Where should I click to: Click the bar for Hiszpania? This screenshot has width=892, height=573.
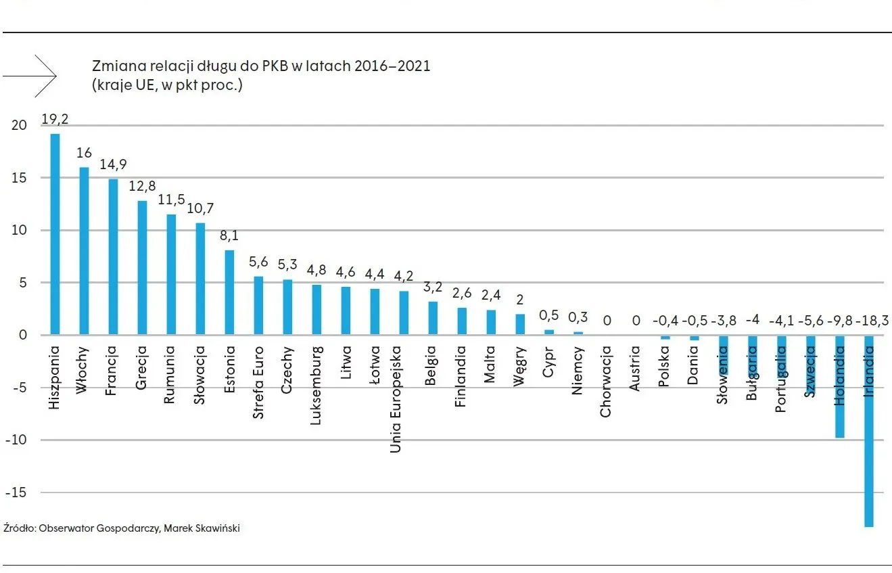pos(55,234)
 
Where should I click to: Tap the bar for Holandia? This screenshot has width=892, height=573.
pos(839,386)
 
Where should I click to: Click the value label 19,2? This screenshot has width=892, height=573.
pos(55,119)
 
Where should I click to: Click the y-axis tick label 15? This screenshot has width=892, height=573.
pos(18,178)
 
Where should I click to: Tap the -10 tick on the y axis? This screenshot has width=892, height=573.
pos(16,440)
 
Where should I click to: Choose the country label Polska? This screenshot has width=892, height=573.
pos(663,367)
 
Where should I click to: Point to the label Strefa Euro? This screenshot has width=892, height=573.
pos(258,383)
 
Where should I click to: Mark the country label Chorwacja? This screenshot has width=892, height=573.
pos(605,381)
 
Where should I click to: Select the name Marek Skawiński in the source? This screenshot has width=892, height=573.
pos(202,528)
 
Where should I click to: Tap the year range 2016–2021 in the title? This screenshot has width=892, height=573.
pos(393,66)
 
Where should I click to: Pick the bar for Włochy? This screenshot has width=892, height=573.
pos(85,251)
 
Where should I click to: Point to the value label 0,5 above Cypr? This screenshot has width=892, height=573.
pos(548,315)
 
